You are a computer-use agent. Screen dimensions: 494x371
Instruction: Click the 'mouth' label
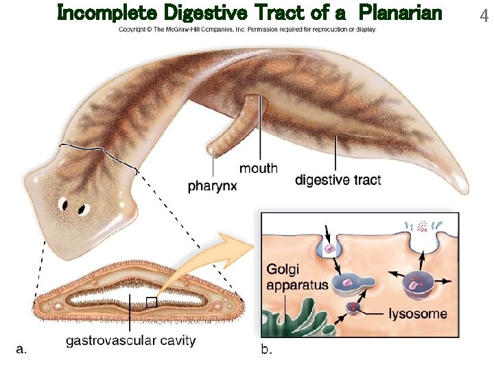[259, 168]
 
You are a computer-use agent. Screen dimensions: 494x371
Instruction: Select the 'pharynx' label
[213, 185]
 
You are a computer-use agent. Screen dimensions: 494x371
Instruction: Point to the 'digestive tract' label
[338, 180]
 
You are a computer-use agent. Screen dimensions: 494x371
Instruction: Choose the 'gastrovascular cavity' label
[130, 340]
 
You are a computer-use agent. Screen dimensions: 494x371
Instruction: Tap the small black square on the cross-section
[152, 302]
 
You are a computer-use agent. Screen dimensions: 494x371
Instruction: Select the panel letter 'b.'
[266, 350]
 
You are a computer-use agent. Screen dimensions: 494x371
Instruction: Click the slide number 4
[485, 14]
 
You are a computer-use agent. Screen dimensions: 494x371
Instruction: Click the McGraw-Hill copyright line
[247, 30]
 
